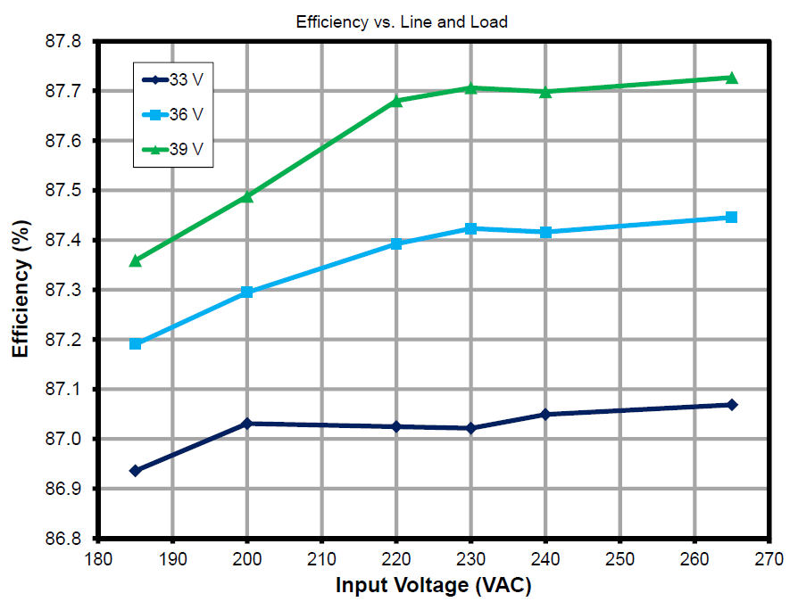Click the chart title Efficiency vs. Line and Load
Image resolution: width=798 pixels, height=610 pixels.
402,22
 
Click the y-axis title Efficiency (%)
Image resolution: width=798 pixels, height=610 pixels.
21,290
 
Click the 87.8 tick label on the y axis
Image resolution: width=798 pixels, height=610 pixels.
62,42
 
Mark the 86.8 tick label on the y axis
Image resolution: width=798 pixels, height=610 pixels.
62,539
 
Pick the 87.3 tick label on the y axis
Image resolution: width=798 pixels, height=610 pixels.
62,291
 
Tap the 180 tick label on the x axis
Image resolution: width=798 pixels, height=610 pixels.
97,559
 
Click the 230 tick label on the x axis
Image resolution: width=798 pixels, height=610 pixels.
470,559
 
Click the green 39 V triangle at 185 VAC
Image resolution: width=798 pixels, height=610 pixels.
135,260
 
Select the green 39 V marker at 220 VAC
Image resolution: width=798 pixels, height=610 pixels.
396,101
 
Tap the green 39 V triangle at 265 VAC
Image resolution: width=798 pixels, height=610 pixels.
731,78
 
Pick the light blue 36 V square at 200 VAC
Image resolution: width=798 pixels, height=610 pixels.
247,292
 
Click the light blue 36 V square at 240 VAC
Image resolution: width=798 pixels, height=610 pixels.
545,232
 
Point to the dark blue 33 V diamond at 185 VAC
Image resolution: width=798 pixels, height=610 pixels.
135,471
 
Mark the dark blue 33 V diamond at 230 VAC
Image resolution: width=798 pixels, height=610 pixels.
470,428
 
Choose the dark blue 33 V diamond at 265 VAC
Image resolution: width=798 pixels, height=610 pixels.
731,405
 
